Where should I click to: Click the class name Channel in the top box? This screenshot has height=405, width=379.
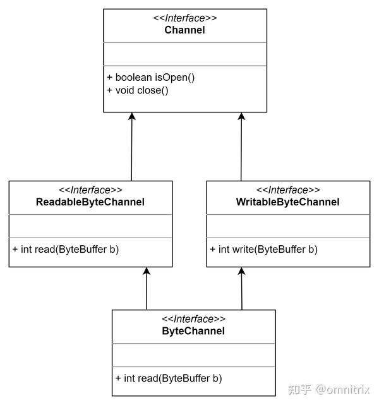pos(184,30)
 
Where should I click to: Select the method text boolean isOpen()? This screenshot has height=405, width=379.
pos(155,77)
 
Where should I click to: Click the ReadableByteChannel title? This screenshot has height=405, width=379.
pos(90,202)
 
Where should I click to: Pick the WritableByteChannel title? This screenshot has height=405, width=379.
pos(288,202)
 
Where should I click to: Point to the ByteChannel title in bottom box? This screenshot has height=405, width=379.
pos(193,331)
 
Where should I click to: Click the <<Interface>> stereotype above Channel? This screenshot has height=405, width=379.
pos(184,18)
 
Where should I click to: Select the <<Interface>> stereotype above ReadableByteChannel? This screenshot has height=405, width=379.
pos(90,190)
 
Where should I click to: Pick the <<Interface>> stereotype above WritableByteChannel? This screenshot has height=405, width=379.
pos(288,190)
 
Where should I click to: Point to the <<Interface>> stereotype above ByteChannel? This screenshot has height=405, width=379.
pos(193,319)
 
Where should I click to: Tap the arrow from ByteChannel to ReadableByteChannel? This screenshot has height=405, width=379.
pos(147,288)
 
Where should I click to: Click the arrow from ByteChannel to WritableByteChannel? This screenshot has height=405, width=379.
pos(241,288)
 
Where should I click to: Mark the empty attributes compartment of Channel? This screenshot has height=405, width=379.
pos(184,54)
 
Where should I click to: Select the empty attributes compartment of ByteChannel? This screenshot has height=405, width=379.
pos(193,354)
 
